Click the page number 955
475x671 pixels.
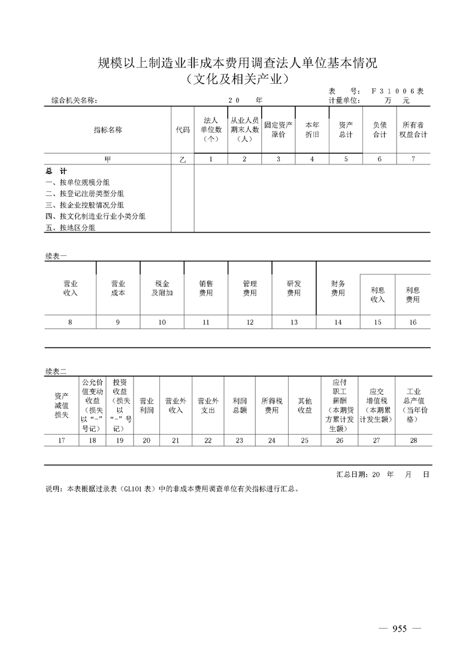coord(400,629)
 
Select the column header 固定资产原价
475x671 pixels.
coord(279,130)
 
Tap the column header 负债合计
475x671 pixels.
coord(380,130)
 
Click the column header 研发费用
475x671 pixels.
coord(294,288)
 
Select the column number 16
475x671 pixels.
coord(413,322)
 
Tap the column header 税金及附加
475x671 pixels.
coord(162,288)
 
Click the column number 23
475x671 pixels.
coord(240,440)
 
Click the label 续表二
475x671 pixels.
coord(56,371)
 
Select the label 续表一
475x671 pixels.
coord(56,255)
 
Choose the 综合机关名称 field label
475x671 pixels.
coord(71,101)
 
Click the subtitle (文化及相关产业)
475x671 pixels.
coord(237,78)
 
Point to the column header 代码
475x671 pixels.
coord(183,130)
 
